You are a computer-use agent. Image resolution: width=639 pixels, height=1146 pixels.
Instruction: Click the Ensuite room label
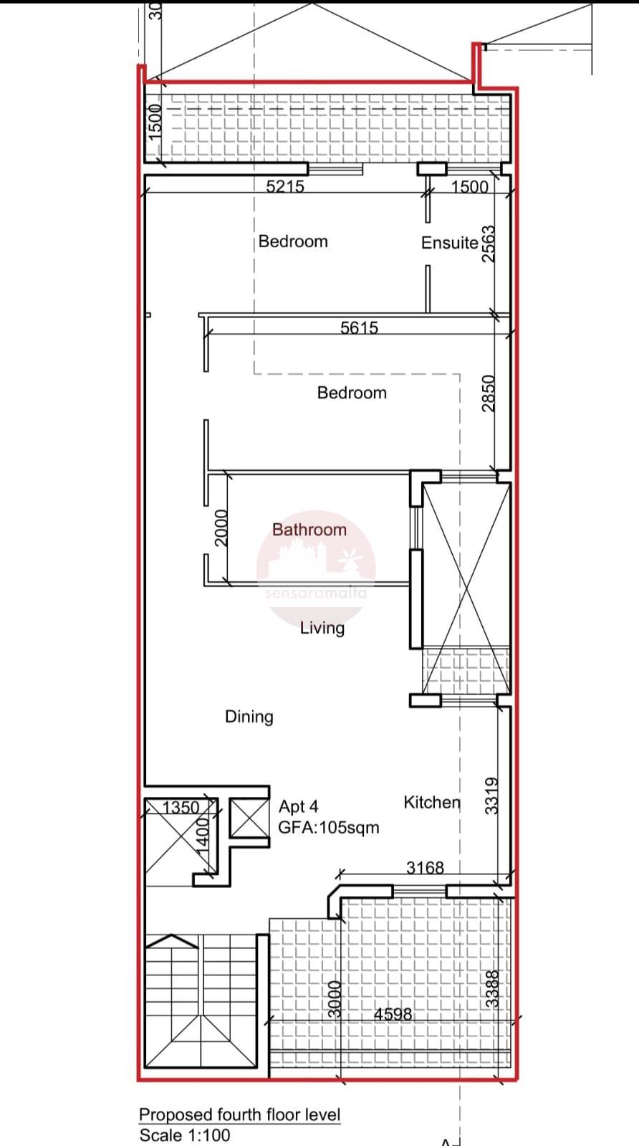click(x=449, y=242)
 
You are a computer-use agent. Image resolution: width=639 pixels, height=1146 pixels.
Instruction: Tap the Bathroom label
click(x=309, y=529)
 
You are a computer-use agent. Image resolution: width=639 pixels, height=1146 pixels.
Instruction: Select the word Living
click(x=322, y=628)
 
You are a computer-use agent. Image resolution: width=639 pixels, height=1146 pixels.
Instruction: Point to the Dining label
click(x=249, y=716)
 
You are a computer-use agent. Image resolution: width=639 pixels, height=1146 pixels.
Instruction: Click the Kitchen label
click(x=432, y=802)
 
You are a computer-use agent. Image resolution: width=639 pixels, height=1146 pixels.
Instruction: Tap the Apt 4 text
click(x=298, y=807)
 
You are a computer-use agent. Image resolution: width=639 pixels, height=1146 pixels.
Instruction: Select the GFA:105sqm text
click(x=329, y=827)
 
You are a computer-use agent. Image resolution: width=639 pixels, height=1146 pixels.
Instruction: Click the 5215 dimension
click(x=284, y=186)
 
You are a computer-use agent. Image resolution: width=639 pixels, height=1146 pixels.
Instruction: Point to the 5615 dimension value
click(x=360, y=328)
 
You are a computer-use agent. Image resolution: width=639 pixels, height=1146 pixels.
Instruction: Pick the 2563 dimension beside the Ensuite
click(x=489, y=244)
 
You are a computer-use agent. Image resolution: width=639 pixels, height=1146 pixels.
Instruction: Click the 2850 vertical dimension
click(x=489, y=393)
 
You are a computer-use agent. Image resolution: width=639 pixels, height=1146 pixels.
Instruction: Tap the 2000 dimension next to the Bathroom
click(x=221, y=528)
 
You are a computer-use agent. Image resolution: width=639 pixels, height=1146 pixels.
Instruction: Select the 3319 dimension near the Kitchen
click(x=491, y=796)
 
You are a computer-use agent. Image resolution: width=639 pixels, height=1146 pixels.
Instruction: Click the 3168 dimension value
click(x=425, y=868)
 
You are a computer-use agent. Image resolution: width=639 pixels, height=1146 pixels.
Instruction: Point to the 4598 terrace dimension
click(x=393, y=1014)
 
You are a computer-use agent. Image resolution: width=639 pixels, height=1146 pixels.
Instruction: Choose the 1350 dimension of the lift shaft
click(x=181, y=807)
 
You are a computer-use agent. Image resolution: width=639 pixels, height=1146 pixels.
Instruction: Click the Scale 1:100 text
click(x=185, y=1135)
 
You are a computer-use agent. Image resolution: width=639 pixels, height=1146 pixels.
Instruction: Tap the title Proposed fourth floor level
click(x=240, y=1114)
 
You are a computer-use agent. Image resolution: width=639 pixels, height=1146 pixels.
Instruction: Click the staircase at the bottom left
click(x=201, y=1001)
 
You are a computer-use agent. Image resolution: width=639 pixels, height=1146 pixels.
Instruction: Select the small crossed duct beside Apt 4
click(x=249, y=818)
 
